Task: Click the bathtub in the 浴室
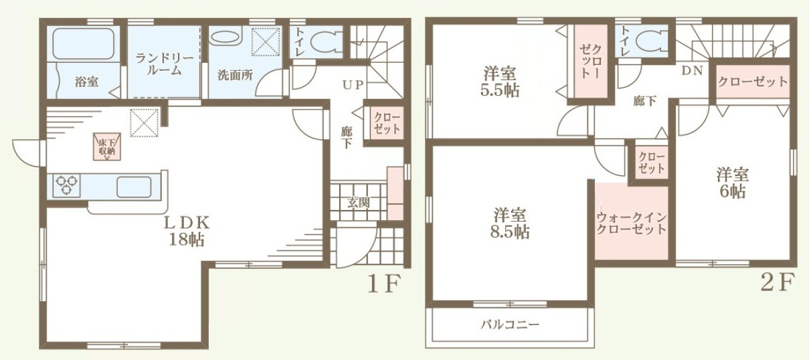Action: point(84,43)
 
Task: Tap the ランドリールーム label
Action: point(165,64)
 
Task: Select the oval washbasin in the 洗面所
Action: point(226,37)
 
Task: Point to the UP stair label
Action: point(353,85)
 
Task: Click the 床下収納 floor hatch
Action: point(107,147)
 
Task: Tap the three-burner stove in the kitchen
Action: point(67,185)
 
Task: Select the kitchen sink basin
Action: point(134,187)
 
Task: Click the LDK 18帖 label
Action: point(187,231)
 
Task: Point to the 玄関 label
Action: point(359,203)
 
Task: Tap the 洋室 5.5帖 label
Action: point(500,82)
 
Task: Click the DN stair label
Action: point(693,70)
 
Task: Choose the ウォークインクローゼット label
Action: point(631,223)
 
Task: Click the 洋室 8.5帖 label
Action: point(510,223)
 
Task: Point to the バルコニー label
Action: point(510,325)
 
